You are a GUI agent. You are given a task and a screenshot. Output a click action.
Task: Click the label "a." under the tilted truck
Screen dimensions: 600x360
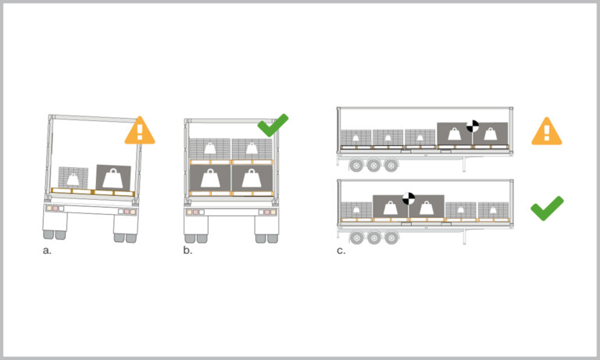point(47,251)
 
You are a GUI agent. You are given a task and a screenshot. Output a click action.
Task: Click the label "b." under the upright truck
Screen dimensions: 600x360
point(187,250)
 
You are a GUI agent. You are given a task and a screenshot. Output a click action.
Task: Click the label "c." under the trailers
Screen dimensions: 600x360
point(341,251)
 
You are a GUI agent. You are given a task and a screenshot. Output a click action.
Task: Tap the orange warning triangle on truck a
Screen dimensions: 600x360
point(140,131)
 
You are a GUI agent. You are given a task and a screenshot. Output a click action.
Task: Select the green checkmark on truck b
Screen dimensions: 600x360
point(273,125)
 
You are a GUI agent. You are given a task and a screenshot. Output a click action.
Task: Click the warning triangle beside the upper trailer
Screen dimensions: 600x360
point(547,131)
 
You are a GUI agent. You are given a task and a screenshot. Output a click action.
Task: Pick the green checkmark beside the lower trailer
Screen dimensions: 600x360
point(547,209)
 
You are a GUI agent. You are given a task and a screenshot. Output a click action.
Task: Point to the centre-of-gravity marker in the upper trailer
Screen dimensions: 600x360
point(473,127)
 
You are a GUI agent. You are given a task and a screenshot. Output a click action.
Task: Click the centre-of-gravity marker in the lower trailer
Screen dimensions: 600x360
point(409,198)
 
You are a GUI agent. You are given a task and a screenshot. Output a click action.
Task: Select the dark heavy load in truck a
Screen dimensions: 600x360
point(113,178)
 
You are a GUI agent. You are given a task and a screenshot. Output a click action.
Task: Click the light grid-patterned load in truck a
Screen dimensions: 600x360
point(73,178)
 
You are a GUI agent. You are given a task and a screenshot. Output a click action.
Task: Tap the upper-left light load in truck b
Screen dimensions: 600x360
point(210,149)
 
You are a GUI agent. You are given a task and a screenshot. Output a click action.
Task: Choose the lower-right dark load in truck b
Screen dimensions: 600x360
point(252,178)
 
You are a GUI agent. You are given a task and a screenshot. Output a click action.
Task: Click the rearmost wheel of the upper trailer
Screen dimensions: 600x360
point(356,166)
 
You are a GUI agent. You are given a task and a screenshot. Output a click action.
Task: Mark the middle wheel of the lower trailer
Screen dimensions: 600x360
point(374,237)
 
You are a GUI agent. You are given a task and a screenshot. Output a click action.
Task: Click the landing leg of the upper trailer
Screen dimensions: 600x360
point(464,163)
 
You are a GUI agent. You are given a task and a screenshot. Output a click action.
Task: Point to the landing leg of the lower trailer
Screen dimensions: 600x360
point(464,236)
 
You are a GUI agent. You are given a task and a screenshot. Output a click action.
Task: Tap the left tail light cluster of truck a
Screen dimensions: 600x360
point(55,209)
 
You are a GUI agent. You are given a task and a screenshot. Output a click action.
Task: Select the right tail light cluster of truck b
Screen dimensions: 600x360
point(267,212)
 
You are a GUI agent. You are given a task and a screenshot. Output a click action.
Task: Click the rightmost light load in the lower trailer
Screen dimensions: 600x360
point(493,210)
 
